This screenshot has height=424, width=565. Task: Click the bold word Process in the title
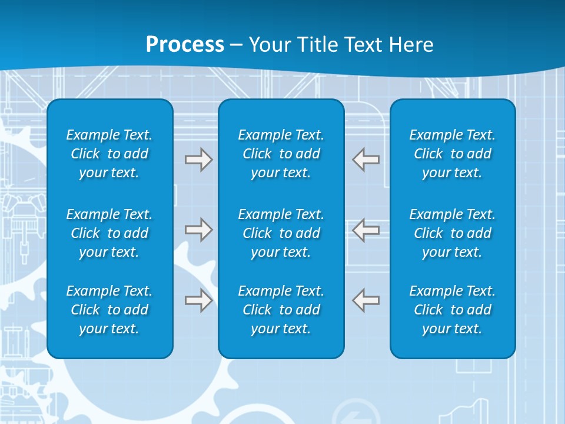coord(185,44)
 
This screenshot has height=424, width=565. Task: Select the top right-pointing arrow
coord(198,160)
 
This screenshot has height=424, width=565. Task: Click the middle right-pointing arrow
coord(198,230)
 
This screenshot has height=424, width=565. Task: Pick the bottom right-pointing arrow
coord(198,300)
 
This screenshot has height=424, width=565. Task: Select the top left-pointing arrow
coord(366,160)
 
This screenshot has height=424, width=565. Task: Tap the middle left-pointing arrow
coord(366,230)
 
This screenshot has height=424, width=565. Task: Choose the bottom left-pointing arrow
coord(366,300)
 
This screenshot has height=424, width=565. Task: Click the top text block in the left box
coord(109,154)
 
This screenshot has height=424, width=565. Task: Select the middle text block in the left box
coord(109,233)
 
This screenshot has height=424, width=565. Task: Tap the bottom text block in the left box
coord(109,310)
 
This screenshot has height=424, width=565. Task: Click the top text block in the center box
coord(281,154)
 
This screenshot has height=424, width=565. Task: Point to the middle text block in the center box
coord(281,233)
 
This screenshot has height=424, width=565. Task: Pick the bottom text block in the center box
coord(281,310)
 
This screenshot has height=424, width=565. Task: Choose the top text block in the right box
coord(453,154)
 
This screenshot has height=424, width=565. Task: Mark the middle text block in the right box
coord(453,233)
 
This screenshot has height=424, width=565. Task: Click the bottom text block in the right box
coord(453,310)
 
